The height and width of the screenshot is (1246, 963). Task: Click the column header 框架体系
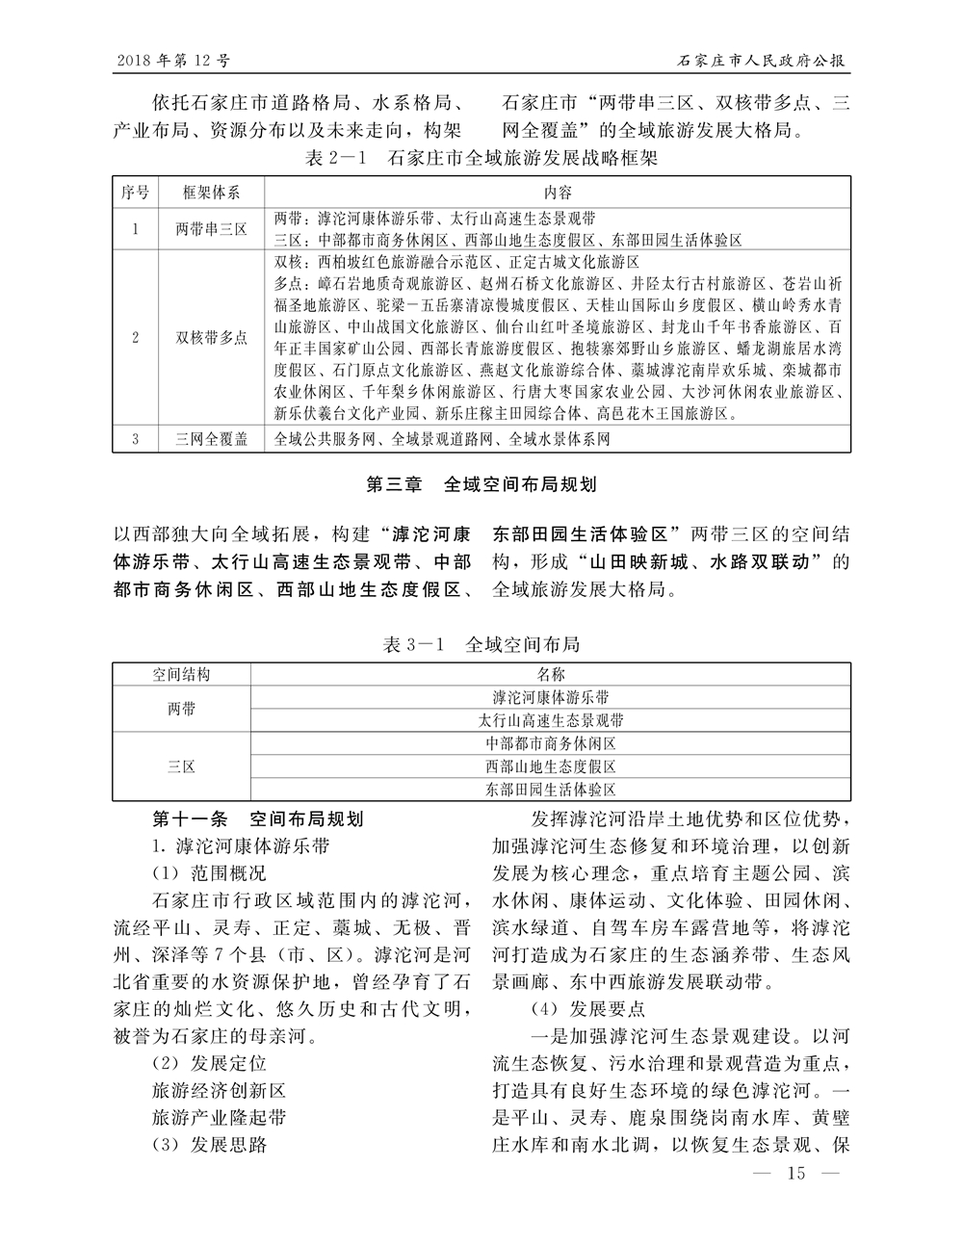tap(211, 192)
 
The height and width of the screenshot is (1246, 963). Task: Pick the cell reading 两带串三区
tap(211, 229)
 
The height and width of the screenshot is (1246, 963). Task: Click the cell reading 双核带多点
tap(211, 337)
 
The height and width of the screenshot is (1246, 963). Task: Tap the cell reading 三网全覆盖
tap(211, 439)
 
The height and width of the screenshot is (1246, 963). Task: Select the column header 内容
tap(558, 192)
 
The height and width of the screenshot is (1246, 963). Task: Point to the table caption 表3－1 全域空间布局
tap(481, 644)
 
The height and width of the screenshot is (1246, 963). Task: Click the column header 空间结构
tap(181, 674)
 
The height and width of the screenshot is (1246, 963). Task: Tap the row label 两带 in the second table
tap(181, 709)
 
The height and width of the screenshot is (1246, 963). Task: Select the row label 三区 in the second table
tap(181, 766)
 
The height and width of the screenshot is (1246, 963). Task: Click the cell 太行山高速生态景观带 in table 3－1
tap(550, 720)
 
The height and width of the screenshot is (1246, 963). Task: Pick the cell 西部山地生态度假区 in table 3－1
tap(550, 766)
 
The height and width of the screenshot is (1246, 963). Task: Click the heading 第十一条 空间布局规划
tap(258, 819)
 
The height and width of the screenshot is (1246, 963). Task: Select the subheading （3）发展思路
tap(209, 1145)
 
